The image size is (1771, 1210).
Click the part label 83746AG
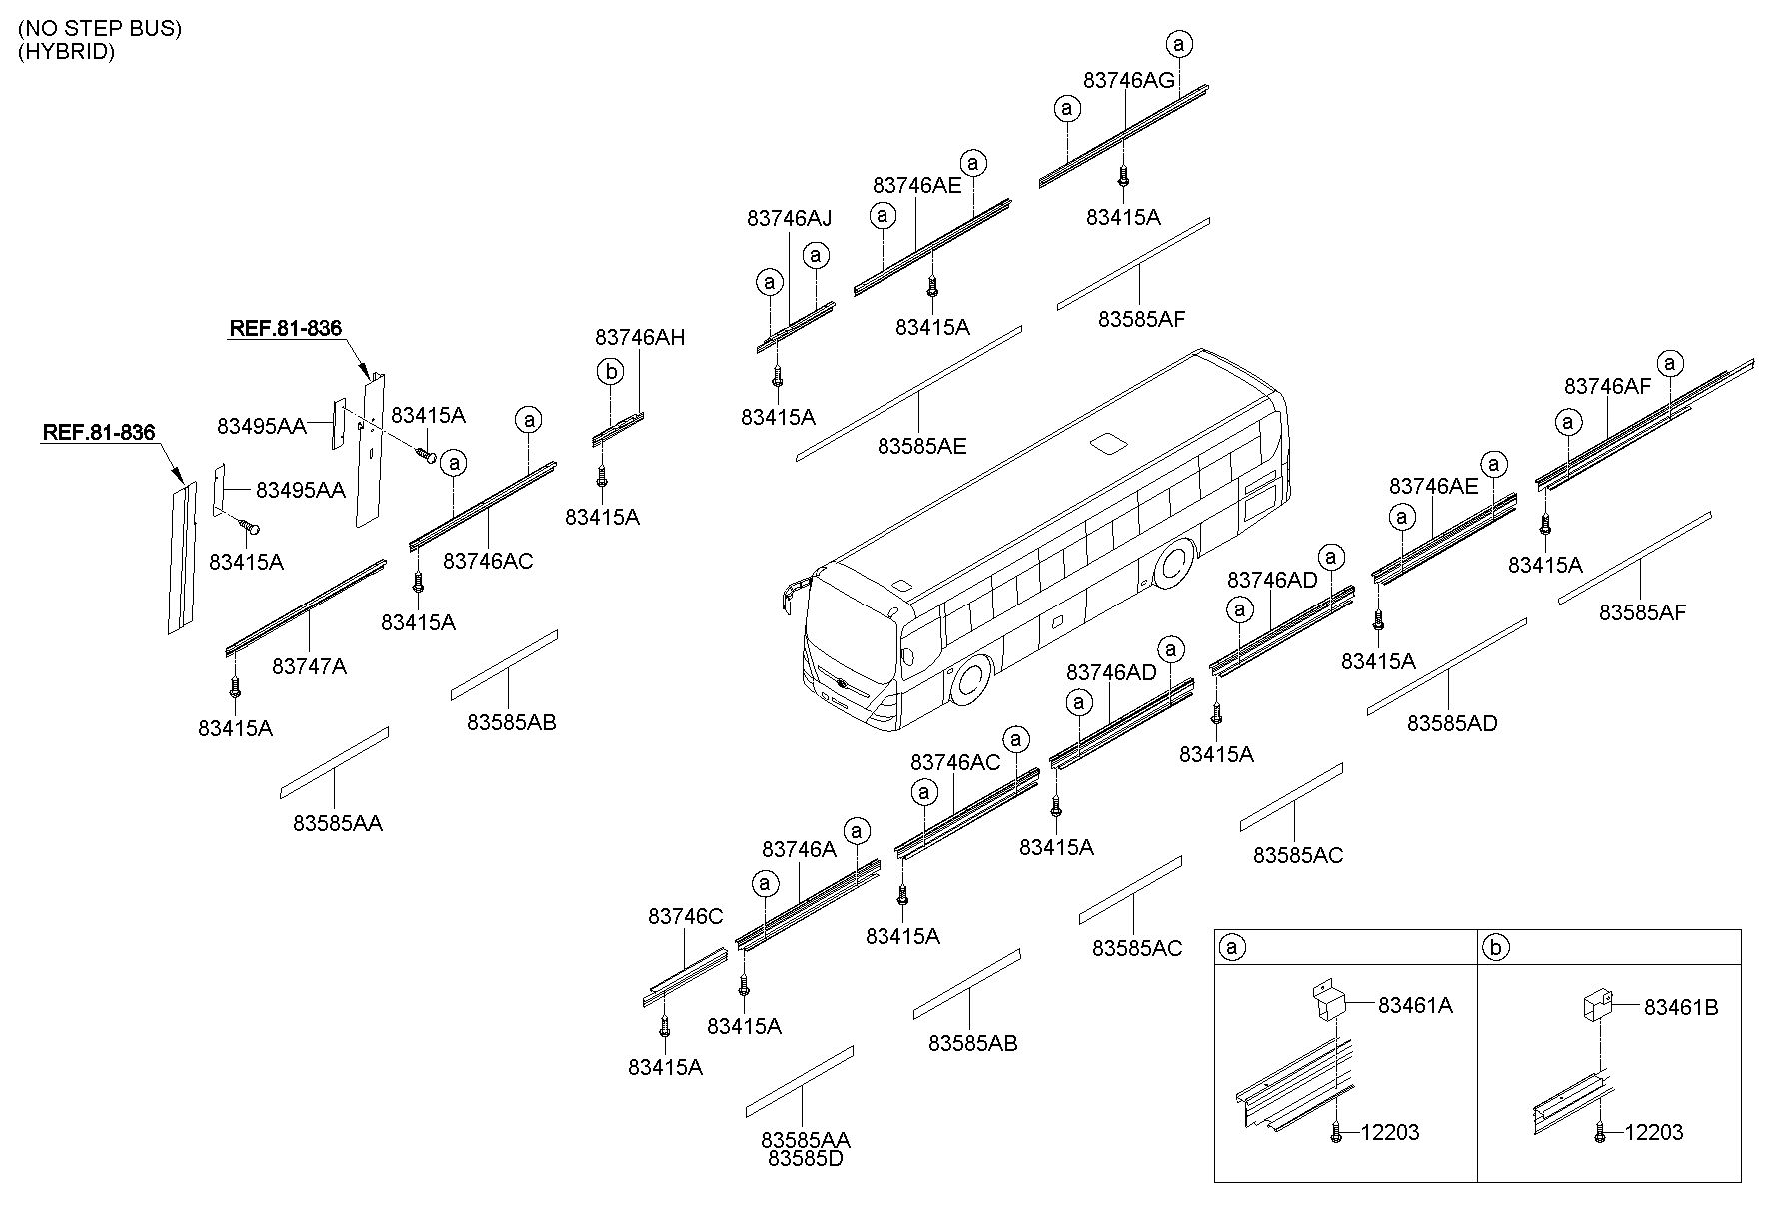(x=1128, y=81)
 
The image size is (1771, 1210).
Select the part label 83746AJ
(x=789, y=218)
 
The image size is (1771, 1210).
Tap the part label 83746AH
(x=640, y=338)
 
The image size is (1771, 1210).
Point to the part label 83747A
(x=309, y=666)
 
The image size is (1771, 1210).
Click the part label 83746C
(x=685, y=917)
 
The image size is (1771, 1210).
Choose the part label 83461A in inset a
(x=1415, y=1006)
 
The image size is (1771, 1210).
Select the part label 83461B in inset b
(x=1681, y=1008)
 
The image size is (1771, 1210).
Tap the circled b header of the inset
(x=1495, y=947)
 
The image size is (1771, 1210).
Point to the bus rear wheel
(x=1175, y=565)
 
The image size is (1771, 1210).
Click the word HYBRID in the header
(x=66, y=52)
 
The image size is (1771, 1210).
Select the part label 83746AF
(x=1607, y=387)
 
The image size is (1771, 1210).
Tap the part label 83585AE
(x=921, y=446)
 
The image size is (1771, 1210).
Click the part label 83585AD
(x=1452, y=723)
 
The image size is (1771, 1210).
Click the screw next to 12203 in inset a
(x=1336, y=1132)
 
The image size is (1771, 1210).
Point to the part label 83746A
(x=799, y=849)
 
